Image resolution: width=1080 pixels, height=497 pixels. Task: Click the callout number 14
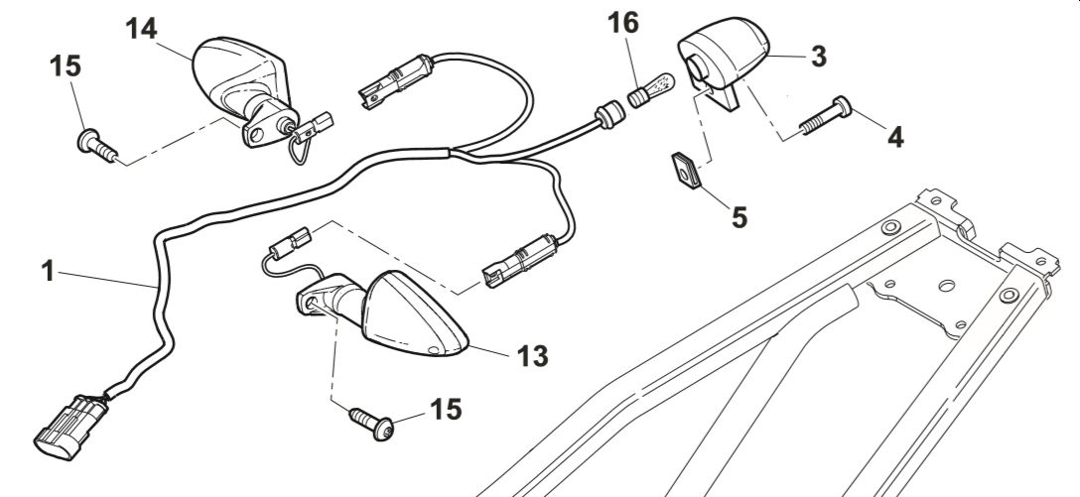point(142,28)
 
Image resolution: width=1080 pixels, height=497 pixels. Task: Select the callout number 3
point(818,56)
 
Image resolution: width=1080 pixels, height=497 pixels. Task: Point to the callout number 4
point(895,137)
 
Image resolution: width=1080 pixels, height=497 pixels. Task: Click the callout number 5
point(740,215)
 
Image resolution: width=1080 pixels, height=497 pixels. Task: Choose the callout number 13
point(532,354)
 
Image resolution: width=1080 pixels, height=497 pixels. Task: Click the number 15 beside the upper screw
point(67,68)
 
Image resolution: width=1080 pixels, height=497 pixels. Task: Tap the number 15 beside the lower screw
point(446,409)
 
